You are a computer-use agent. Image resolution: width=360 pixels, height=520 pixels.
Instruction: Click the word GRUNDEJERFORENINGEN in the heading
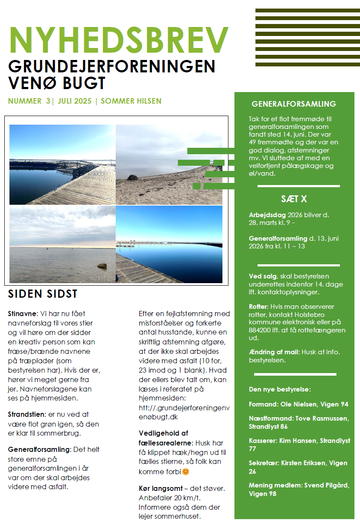(112, 66)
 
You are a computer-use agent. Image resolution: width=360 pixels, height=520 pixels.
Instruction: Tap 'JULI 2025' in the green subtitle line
(74, 102)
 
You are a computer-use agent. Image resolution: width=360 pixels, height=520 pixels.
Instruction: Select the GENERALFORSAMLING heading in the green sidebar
(294, 104)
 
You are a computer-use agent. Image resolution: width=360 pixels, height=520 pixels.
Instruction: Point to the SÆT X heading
(294, 199)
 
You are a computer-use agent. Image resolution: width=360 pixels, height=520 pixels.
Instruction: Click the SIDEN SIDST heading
(42, 294)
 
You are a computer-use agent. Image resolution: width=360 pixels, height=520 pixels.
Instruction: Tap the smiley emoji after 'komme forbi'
(186, 472)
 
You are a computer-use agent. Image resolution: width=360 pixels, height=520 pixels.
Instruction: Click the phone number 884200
(261, 330)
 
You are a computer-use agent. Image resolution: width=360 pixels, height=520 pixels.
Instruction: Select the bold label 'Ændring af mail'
(274, 352)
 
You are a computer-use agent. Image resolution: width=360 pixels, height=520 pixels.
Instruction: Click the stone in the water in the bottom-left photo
(102, 266)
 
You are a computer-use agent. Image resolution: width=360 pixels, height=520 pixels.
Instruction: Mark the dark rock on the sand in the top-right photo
(133, 177)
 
